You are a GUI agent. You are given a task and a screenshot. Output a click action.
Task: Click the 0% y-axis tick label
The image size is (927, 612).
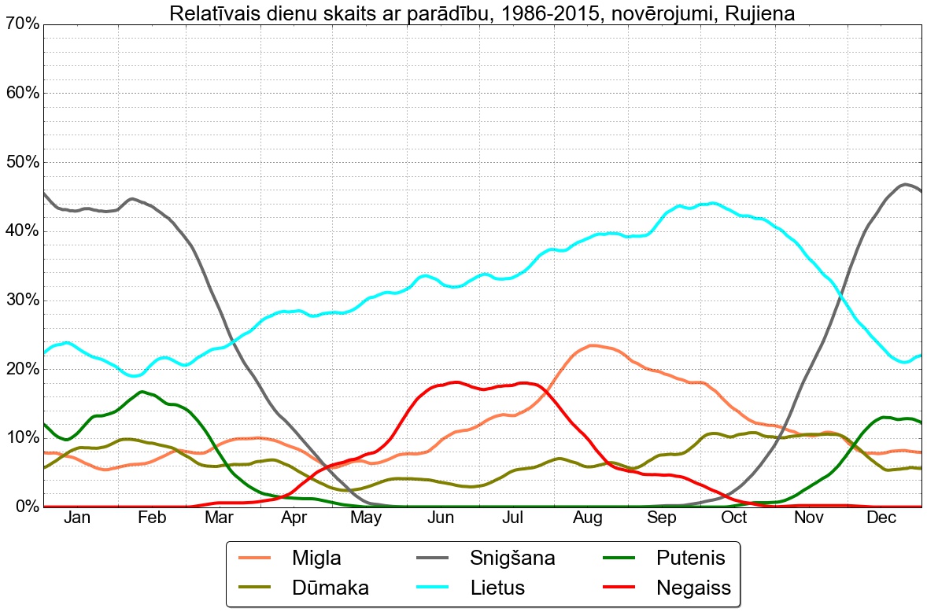(25, 506)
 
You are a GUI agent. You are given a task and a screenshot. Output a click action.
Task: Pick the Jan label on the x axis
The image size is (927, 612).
(77, 518)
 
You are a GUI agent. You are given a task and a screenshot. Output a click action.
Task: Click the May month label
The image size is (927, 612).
(367, 518)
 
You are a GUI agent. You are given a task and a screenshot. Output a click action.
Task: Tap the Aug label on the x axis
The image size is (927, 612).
(588, 518)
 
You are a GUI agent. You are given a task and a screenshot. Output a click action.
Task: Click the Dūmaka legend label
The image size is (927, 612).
(330, 587)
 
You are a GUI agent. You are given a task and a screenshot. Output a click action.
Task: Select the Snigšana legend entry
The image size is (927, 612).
(512, 559)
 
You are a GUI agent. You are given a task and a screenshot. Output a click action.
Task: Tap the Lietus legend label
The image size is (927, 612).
(497, 587)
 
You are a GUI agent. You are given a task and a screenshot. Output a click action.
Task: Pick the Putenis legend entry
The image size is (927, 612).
(690, 559)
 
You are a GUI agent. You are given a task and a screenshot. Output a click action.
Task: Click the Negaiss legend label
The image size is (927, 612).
(693, 587)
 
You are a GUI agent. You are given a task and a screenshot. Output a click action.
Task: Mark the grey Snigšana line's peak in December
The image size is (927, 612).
(905, 184)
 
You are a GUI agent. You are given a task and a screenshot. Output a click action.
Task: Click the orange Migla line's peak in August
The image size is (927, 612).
(592, 345)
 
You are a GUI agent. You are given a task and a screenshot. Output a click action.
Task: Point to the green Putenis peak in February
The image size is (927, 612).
(142, 391)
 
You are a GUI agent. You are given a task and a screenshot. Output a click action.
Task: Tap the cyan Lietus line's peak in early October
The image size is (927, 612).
(712, 203)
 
